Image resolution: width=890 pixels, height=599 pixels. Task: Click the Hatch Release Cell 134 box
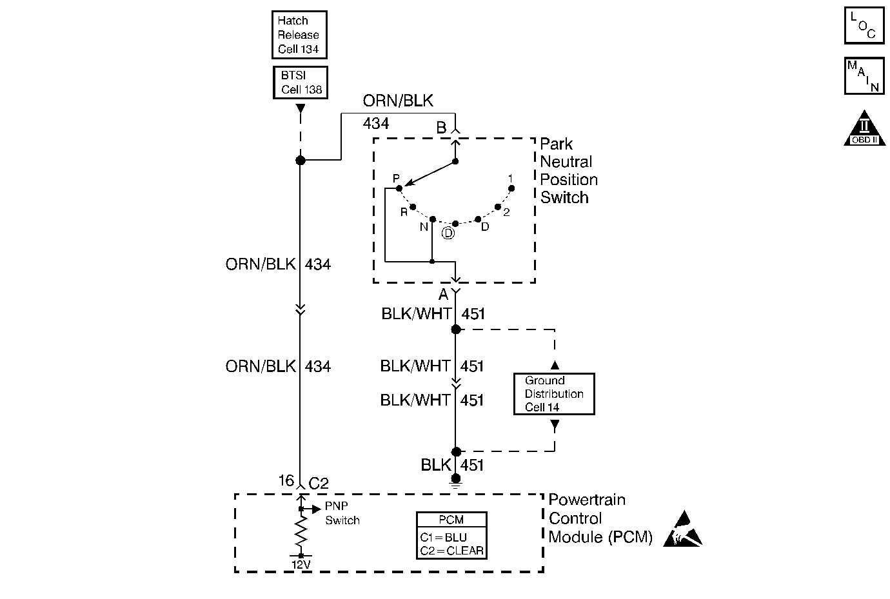pos(299,35)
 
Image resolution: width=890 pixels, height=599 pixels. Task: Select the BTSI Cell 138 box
pos(301,83)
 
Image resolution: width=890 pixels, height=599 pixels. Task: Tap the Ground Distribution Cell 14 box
pos(554,394)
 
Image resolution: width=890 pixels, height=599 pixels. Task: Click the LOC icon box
pos(864,25)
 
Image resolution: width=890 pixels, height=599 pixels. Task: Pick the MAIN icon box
pos(864,76)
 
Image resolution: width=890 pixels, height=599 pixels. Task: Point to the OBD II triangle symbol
pos(864,130)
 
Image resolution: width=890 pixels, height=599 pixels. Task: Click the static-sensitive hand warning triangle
pos(682,530)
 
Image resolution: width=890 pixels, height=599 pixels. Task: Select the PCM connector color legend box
pos(451,535)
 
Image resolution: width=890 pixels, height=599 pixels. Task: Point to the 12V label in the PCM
pos(301,564)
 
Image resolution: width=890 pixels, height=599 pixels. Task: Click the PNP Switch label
pos(342,513)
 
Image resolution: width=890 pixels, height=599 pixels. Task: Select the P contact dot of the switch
pos(399,188)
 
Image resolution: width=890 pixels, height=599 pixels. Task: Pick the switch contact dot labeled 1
pos(511,188)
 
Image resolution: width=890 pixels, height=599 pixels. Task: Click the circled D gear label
pos(448,233)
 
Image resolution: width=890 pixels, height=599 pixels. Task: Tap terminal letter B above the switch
pos(441,128)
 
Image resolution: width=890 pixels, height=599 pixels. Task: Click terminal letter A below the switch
pos(444,294)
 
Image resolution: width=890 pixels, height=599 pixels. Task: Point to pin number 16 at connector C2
pos(286,480)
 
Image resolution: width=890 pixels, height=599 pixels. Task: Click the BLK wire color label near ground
pos(436,465)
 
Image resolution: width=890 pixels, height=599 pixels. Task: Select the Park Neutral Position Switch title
pos(569,171)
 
